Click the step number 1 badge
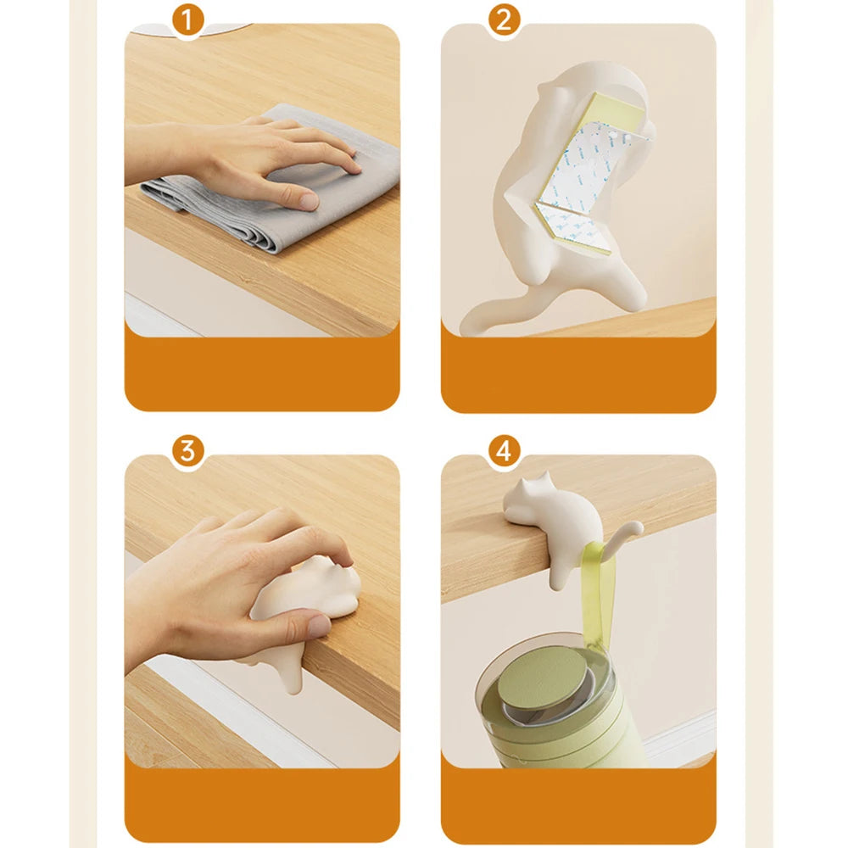click(x=187, y=20)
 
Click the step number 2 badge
click(x=504, y=20)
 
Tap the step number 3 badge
click(x=187, y=451)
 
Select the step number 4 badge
click(x=504, y=451)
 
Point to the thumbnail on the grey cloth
click(x=310, y=202)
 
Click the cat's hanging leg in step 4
click(x=559, y=571)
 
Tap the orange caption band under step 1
click(x=262, y=373)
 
